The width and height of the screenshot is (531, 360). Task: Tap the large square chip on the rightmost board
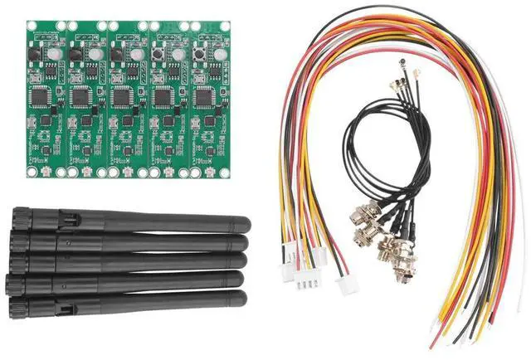pos(202,96)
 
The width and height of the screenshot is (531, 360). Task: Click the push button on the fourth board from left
pos(157,52)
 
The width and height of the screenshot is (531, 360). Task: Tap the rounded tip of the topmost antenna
pos(243,224)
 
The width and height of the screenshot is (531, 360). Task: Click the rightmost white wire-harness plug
pos(346,285)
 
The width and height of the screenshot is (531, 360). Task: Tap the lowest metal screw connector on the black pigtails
pos(389,250)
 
